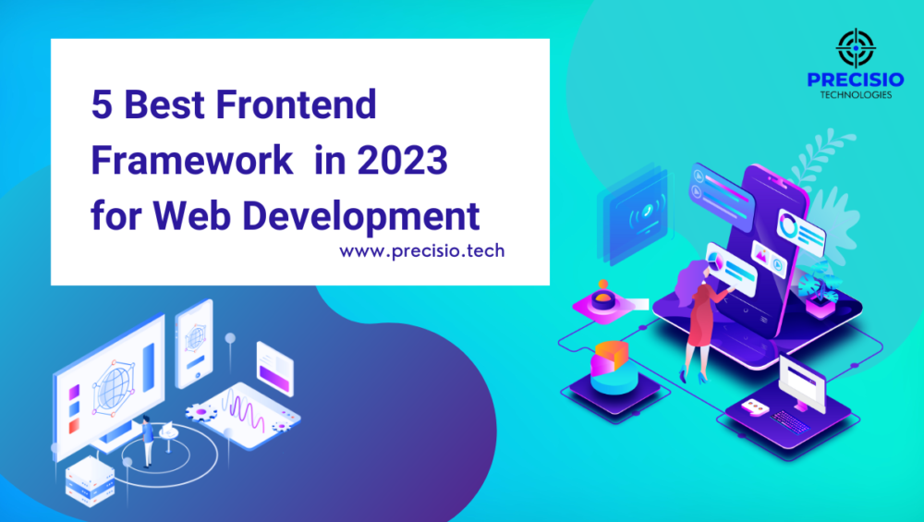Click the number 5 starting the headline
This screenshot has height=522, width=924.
point(100,104)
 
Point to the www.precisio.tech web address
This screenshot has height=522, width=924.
point(421,250)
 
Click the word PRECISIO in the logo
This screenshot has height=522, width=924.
point(855,80)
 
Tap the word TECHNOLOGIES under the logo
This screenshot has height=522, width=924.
point(855,94)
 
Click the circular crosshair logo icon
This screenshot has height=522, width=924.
point(855,46)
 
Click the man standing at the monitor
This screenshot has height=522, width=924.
point(146,441)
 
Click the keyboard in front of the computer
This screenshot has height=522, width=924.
point(785,420)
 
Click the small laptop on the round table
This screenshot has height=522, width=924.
point(167,430)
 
